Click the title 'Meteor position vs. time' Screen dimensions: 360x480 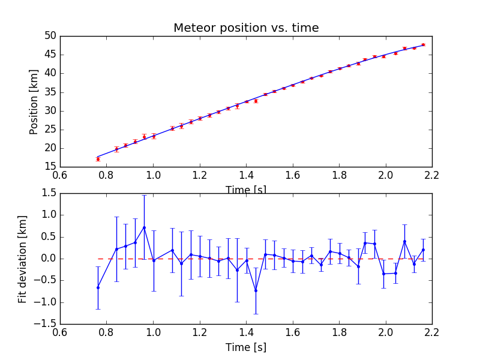pyautogui.click(x=246, y=28)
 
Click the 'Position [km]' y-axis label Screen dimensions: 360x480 pyautogui.click(x=34, y=101)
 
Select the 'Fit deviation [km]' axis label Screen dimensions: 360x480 pyautogui.click(x=23, y=259)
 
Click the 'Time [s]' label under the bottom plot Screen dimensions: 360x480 pyautogui.click(x=246, y=347)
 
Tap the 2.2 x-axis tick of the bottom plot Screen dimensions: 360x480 pyautogui.click(x=432, y=332)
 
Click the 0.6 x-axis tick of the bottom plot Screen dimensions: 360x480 pyautogui.click(x=60, y=332)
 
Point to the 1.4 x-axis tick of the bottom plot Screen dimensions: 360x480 pyautogui.click(x=246, y=332)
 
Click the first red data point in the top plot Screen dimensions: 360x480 pyautogui.click(x=98, y=159)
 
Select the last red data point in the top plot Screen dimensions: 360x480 pyautogui.click(x=423, y=44)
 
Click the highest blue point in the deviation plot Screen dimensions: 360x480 pyautogui.click(x=144, y=227)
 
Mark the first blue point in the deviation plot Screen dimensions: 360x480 pyautogui.click(x=98, y=287)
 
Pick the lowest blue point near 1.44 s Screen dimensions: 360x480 pyautogui.click(x=256, y=290)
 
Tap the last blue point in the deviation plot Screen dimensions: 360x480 pyautogui.click(x=423, y=250)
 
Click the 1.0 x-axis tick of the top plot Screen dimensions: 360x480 pyautogui.click(x=153, y=175)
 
